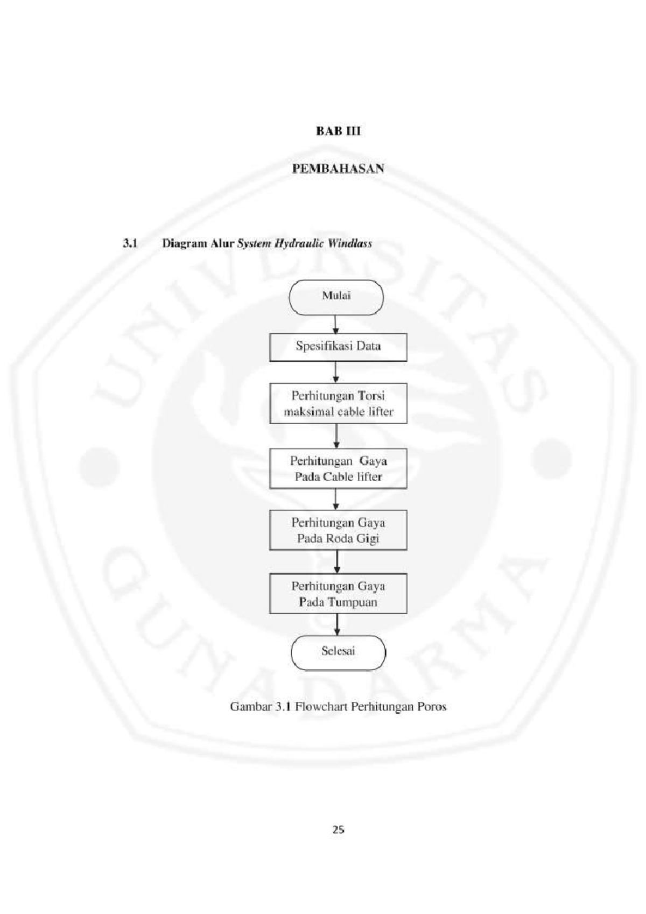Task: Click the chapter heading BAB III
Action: pyautogui.click(x=338, y=131)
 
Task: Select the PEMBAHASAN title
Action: pyautogui.click(x=338, y=169)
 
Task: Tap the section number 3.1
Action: pyautogui.click(x=130, y=244)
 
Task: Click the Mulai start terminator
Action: pyautogui.click(x=336, y=298)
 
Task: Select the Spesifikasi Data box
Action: pyautogui.click(x=338, y=347)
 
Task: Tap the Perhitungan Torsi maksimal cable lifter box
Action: pyautogui.click(x=338, y=403)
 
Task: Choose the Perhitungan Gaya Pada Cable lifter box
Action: pyautogui.click(x=338, y=468)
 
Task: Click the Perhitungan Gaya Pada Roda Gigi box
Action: pyautogui.click(x=338, y=530)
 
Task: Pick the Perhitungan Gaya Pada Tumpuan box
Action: pyautogui.click(x=338, y=593)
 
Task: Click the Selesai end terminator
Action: pyautogui.click(x=338, y=652)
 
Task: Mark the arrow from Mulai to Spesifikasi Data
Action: pyautogui.click(x=335, y=325)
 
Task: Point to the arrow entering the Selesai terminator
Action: pyautogui.click(x=337, y=624)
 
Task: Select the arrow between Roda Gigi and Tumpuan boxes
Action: pyautogui.click(x=337, y=562)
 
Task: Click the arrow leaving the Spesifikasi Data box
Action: pyautogui.click(x=336, y=372)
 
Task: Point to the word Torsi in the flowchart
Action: pyautogui.click(x=371, y=396)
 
